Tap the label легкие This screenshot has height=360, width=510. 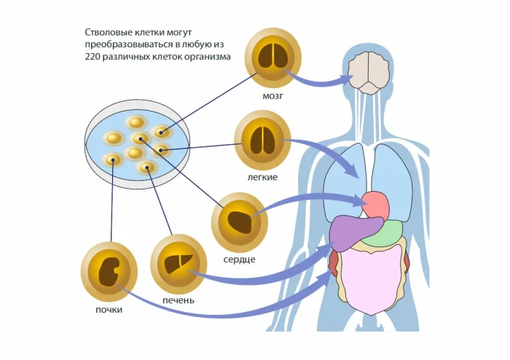(261, 177)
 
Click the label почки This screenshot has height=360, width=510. (109, 310)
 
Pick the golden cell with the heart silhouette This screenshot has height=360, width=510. (239, 222)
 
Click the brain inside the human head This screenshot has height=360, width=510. (369, 73)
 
